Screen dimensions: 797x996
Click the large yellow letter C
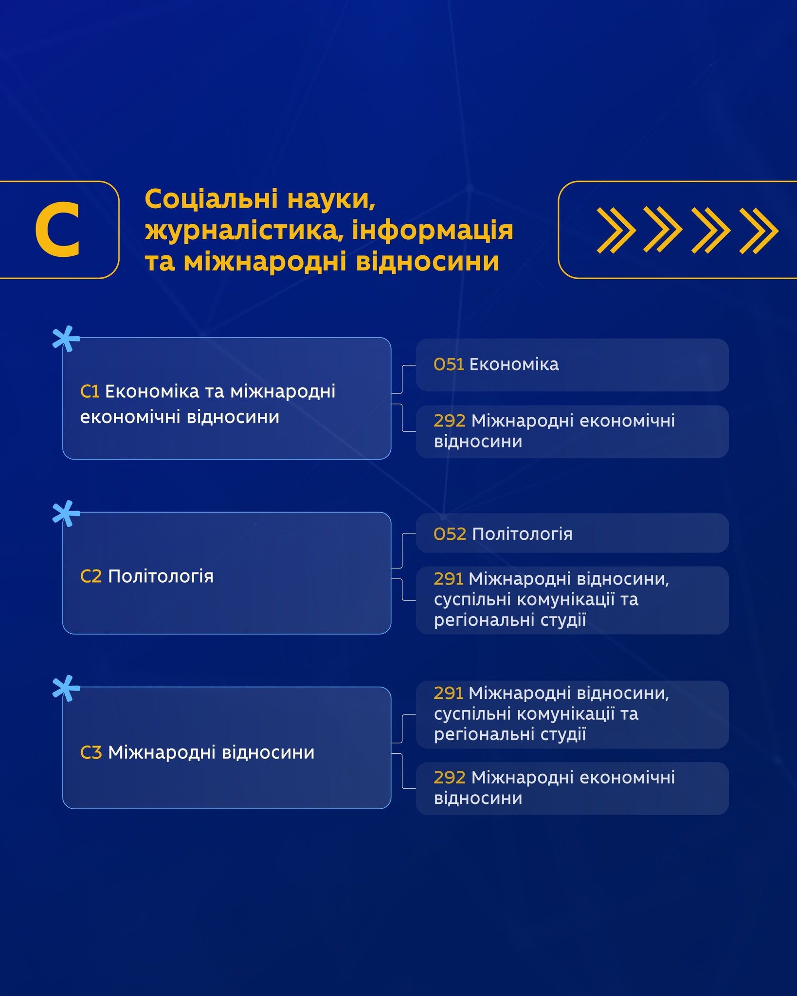tap(57, 230)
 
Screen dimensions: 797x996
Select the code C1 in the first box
tap(90, 391)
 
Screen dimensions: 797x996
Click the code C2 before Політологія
tap(91, 576)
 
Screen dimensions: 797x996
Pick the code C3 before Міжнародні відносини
tap(91, 752)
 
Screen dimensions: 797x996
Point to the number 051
tap(449, 364)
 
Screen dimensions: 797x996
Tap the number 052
tap(450, 534)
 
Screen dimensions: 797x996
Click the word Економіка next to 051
tap(514, 364)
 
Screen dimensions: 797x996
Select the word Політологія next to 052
tap(522, 534)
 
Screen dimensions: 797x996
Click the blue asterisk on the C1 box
tap(66, 338)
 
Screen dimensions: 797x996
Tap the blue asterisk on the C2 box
tap(66, 514)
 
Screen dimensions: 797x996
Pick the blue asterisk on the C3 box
tap(66, 688)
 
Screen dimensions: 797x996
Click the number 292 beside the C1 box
tap(450, 421)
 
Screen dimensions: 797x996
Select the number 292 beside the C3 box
tap(450, 778)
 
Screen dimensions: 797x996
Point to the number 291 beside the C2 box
tap(448, 579)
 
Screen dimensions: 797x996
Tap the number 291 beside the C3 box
tap(448, 693)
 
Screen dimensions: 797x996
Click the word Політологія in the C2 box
tap(161, 577)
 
